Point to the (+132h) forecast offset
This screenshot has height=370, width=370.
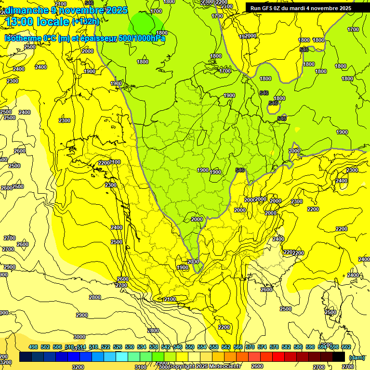coord(85,22)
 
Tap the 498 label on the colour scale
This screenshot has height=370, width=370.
coord(33,347)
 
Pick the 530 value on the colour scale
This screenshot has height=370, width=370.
coord(130,347)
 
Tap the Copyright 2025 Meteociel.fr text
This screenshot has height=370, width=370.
coord(205,367)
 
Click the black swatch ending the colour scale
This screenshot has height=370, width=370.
coord(339,357)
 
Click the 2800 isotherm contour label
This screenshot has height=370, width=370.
coord(95,297)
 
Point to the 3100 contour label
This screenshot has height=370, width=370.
coord(140,367)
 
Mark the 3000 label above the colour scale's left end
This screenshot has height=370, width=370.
coord(79,337)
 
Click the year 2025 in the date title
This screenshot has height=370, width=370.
coord(116,10)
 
